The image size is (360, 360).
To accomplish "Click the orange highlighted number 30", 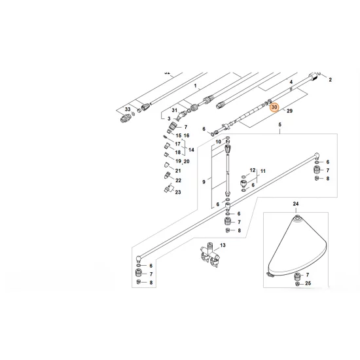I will coord(274,107).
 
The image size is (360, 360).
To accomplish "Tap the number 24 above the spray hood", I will coord(295,204).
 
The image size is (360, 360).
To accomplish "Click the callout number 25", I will coord(308,283).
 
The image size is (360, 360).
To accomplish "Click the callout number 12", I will coord(253,170).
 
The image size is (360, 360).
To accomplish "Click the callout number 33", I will coord(128,109).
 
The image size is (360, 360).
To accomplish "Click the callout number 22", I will coord(177,180).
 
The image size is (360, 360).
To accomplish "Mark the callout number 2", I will coord(330,80).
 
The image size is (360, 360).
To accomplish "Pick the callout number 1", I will coord(194,86).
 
